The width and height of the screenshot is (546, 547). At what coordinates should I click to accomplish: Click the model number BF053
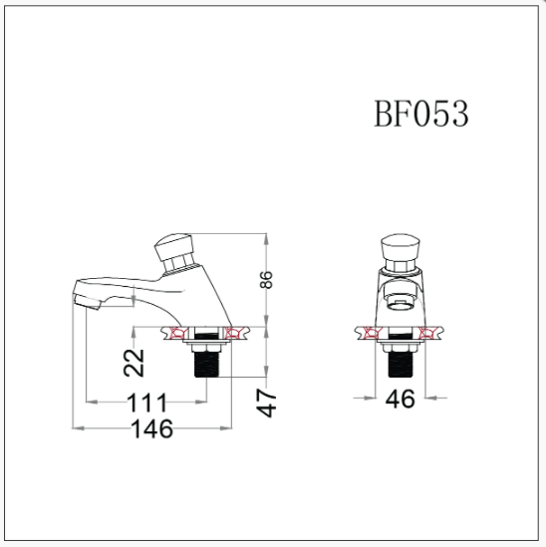421,114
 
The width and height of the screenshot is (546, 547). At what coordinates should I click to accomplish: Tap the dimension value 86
266,279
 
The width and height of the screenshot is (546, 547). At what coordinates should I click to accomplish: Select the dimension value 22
134,363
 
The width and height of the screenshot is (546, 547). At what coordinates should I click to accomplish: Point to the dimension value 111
146,403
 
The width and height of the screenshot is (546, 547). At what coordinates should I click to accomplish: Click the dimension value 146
152,428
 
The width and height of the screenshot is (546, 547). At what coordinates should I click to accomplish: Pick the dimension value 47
267,404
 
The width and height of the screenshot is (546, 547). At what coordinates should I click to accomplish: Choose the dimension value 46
401,399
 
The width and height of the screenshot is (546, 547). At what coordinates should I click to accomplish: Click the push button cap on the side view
173,247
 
